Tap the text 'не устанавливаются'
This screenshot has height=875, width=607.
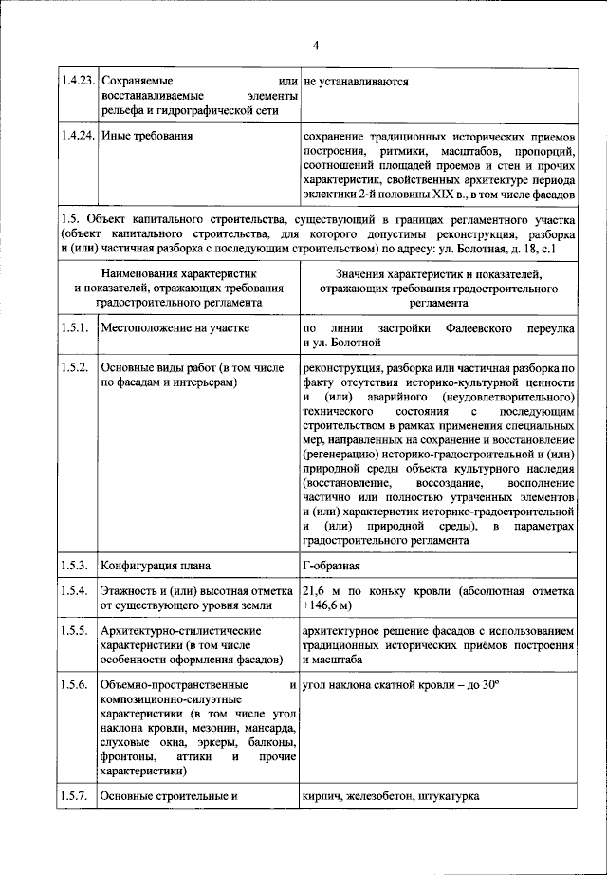[356, 82]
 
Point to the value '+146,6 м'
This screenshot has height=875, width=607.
[328, 605]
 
